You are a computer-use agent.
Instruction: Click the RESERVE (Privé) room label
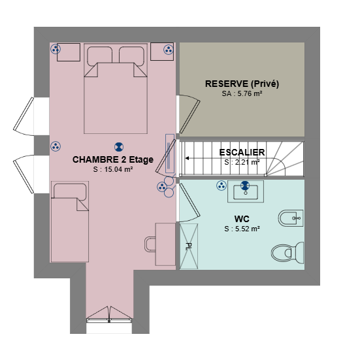coord(242,84)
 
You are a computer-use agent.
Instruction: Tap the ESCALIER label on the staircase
coord(242,152)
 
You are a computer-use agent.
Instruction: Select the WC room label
coord(242,219)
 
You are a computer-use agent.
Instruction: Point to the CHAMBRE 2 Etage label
coord(113,159)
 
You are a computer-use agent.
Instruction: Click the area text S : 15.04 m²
coord(113,169)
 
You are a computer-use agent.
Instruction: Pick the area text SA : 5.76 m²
coord(242,93)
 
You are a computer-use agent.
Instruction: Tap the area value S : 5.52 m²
coord(242,229)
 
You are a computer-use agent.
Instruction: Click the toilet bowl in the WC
coord(287,253)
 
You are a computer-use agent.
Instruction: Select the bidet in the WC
coord(291,218)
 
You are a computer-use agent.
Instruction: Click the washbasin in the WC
coord(246,191)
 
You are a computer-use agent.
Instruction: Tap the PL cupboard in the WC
coord(189,246)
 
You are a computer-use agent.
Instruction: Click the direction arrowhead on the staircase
coord(187,158)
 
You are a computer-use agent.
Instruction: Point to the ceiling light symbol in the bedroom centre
coord(119,147)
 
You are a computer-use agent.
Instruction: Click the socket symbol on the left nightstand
coord(56,49)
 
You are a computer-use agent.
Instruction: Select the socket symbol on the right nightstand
coord(169,50)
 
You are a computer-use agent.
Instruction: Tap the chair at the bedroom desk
coord(150,244)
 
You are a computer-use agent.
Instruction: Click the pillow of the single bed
coord(70,191)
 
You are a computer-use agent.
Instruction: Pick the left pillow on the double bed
coord(100,55)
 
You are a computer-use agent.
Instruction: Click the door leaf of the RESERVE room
coord(189,117)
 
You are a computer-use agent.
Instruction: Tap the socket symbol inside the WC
coord(221,186)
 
